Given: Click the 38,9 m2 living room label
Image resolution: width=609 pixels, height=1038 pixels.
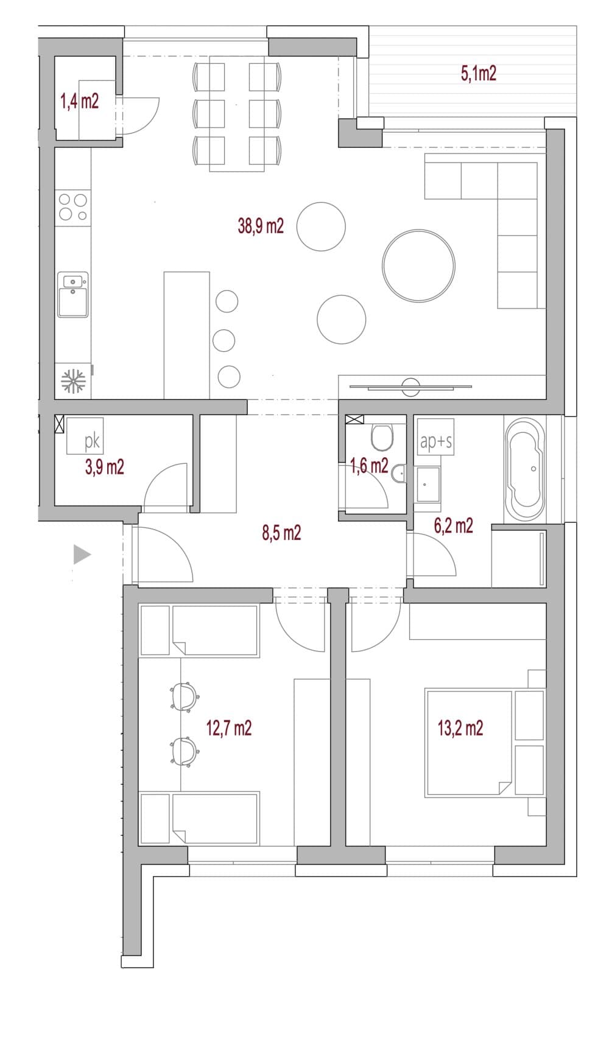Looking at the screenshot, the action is (x=261, y=226).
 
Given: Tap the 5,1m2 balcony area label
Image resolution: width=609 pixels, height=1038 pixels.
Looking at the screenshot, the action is (x=478, y=74).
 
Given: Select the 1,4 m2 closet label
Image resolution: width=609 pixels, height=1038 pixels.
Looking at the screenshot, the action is (x=80, y=101).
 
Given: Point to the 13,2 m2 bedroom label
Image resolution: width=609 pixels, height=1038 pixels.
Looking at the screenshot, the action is (x=460, y=728).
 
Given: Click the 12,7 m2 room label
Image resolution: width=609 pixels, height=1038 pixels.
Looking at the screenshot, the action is (x=229, y=728).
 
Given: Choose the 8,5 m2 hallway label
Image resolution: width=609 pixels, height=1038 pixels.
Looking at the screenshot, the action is (x=281, y=533).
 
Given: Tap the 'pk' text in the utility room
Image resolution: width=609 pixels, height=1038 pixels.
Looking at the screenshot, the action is (x=92, y=441).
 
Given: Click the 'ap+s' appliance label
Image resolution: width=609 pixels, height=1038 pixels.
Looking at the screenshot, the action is (x=435, y=441).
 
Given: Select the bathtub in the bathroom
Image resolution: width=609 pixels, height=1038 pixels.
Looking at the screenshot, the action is (x=524, y=469).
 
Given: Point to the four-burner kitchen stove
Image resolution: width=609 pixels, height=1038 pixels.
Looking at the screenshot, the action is (x=73, y=207).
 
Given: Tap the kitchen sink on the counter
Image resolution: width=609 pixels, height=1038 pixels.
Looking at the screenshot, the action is (x=72, y=295).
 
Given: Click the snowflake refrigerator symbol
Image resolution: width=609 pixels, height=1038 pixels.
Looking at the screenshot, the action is (x=73, y=381).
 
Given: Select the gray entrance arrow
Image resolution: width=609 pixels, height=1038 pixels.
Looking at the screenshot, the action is (x=82, y=555).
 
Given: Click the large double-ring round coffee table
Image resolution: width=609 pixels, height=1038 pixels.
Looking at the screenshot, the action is (x=418, y=265).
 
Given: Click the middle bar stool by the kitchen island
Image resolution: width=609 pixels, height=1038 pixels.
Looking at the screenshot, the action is (x=224, y=340).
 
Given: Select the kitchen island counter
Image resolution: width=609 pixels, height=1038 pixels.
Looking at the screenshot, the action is (x=187, y=335).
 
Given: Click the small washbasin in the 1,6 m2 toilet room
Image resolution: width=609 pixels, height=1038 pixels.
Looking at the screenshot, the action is (x=400, y=474).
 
